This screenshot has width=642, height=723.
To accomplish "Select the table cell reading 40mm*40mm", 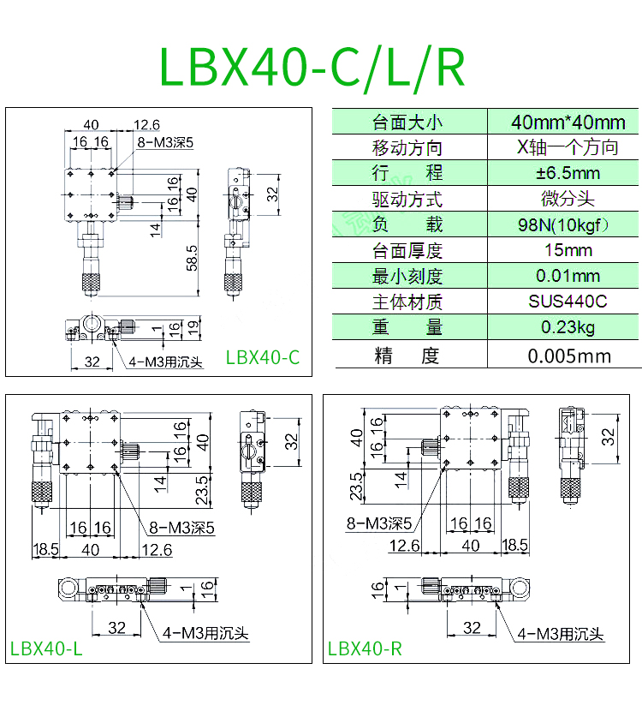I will (568, 122).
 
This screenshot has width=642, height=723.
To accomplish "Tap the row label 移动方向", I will (407, 147).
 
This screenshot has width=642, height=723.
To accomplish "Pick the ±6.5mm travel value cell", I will (568, 173).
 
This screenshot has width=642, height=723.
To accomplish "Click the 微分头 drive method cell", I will (568, 199).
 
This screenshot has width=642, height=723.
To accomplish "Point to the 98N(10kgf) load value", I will (568, 224).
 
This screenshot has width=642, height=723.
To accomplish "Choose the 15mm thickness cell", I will (568, 250).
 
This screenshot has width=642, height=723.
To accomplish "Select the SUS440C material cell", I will (568, 302).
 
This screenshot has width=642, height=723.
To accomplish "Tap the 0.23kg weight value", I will (568, 327).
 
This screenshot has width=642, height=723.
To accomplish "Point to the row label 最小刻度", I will (407, 276).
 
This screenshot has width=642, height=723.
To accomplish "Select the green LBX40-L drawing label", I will (46, 648).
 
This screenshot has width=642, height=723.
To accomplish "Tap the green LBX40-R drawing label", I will (365, 648).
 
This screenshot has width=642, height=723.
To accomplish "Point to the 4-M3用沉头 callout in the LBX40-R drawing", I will (561, 634).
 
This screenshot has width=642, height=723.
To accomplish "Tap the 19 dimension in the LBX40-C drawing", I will (193, 326).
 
